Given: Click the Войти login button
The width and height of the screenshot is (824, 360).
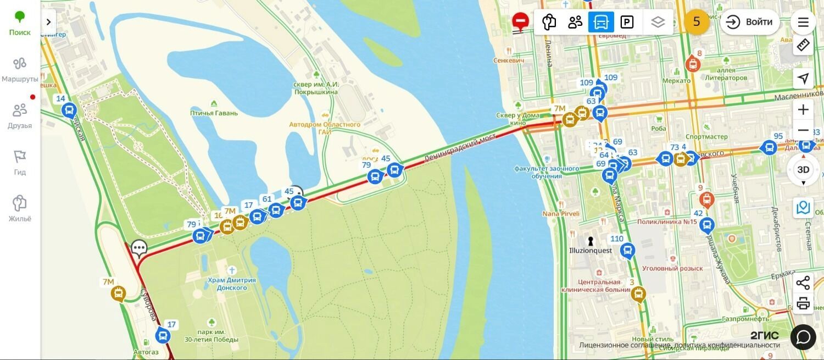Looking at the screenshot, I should click(750, 22).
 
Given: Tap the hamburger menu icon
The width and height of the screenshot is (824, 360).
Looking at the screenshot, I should click(803, 22).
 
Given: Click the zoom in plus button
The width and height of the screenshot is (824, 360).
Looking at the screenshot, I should click(803, 109).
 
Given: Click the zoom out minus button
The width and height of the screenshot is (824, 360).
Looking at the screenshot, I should click(803, 130).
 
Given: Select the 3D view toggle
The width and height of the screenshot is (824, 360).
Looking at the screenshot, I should click(803, 169).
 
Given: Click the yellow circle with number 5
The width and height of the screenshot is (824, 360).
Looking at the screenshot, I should click(697, 22).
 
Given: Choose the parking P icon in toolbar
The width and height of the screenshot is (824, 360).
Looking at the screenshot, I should click(627, 22).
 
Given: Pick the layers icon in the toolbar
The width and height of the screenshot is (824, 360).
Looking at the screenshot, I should click(658, 22).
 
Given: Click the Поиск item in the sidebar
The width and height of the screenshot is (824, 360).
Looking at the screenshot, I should click(20, 23).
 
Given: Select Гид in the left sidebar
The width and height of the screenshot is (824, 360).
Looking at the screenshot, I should click(20, 163).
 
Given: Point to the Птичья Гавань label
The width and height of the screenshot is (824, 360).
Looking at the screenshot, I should click(214, 113).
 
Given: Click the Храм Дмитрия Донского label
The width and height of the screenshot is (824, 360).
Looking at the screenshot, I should click(231, 284).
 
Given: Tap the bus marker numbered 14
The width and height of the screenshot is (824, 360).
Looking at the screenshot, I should click(69, 110).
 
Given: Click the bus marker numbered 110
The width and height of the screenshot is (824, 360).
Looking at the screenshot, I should click(627, 251).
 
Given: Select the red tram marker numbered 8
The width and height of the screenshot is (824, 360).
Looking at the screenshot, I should click(693, 64).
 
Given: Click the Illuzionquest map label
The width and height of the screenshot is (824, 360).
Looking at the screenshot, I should click(591, 251).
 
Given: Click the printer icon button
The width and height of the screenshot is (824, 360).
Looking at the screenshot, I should click(803, 303).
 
